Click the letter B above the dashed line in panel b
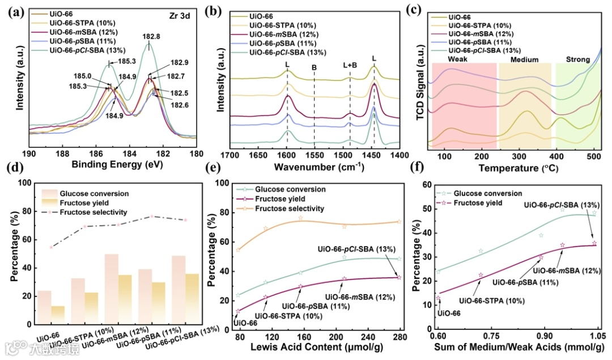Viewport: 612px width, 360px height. pos(314,67)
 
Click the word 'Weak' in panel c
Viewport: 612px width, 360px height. pos(458,59)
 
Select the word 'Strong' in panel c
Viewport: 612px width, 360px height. pos(577,59)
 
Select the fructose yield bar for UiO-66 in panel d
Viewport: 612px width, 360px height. pos(58,315)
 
